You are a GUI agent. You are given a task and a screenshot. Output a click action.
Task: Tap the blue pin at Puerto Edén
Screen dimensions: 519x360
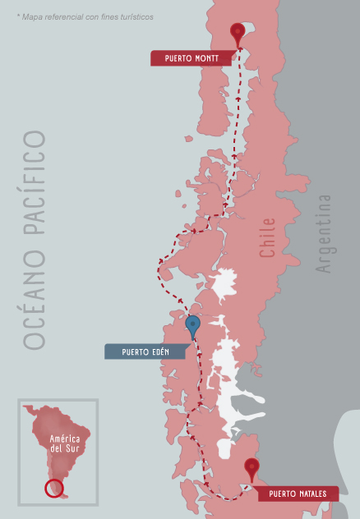click(x=193, y=325)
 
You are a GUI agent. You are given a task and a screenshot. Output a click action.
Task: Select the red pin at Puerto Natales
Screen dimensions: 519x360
click(x=252, y=468)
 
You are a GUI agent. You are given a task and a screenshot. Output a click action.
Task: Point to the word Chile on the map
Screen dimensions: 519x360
click(x=268, y=238)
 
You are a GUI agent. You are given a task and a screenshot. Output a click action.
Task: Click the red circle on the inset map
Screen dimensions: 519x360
click(x=53, y=488)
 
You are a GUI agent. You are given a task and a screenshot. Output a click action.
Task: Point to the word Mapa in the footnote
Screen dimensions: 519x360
click(x=33, y=16)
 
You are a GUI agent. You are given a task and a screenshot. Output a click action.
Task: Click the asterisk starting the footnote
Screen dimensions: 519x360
click(x=17, y=16)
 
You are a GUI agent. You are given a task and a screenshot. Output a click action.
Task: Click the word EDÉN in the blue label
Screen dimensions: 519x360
click(x=160, y=352)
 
